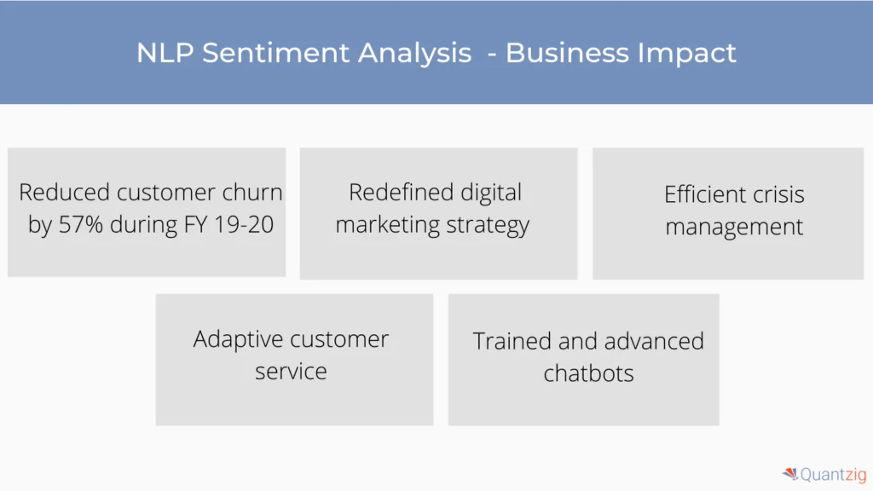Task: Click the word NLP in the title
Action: [165, 53]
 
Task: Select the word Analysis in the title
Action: [414, 54]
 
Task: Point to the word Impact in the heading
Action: [687, 54]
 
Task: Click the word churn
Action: [252, 192]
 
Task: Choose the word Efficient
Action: [704, 194]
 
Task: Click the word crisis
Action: [778, 194]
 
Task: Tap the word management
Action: [734, 227]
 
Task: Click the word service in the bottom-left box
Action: [291, 372]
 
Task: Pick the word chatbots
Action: [588, 373]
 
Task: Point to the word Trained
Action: [512, 341]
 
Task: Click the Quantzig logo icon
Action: [790, 474]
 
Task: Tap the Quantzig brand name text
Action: [834, 475]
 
